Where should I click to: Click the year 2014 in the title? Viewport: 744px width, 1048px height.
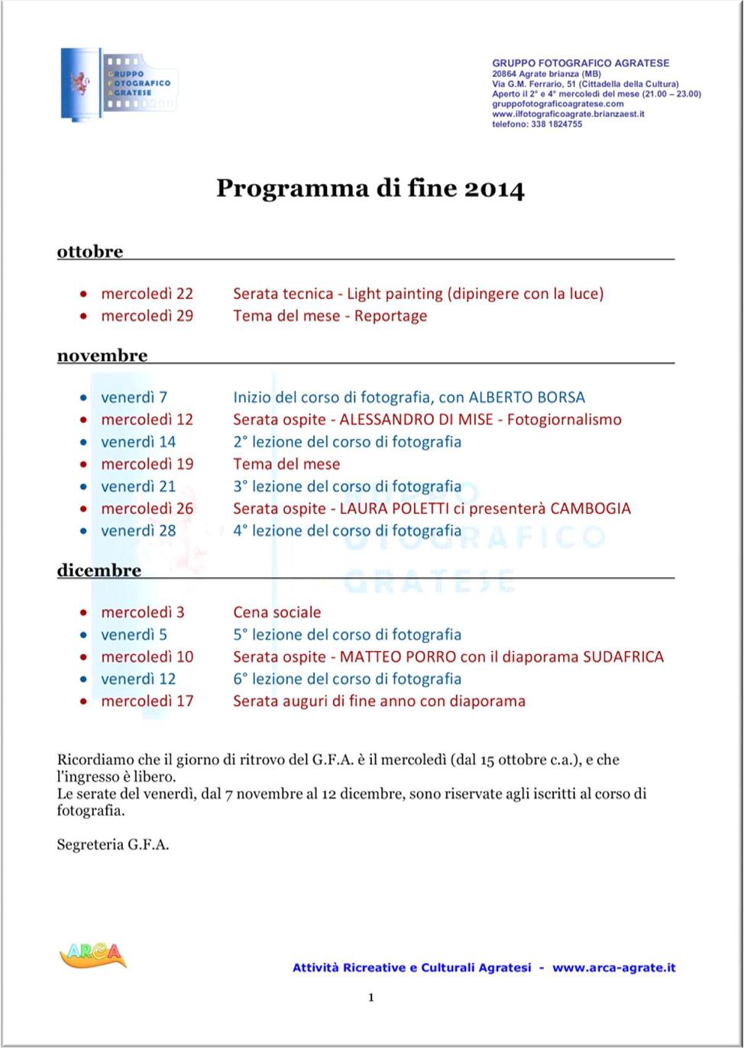click(x=494, y=189)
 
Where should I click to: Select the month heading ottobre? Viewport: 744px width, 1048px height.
click(x=90, y=252)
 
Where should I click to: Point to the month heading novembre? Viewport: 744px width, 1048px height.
click(x=102, y=356)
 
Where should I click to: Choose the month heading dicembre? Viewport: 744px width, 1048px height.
click(x=99, y=571)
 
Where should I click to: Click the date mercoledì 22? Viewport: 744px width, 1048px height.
click(x=147, y=294)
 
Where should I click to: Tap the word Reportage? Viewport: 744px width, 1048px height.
click(x=390, y=316)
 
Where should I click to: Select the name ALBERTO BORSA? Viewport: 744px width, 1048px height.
click(x=526, y=398)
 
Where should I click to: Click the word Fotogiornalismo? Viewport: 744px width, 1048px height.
click(x=564, y=420)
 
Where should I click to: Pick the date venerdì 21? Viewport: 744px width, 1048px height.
click(x=138, y=487)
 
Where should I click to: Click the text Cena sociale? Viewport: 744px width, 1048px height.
click(x=277, y=612)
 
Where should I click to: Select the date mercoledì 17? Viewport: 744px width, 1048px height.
click(x=147, y=701)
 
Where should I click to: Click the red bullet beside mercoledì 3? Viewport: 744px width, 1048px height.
click(x=83, y=613)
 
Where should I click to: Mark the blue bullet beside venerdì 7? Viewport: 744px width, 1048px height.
click(x=83, y=398)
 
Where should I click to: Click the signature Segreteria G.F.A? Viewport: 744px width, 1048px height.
click(x=113, y=845)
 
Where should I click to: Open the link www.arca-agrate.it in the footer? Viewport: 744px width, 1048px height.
click(x=614, y=968)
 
